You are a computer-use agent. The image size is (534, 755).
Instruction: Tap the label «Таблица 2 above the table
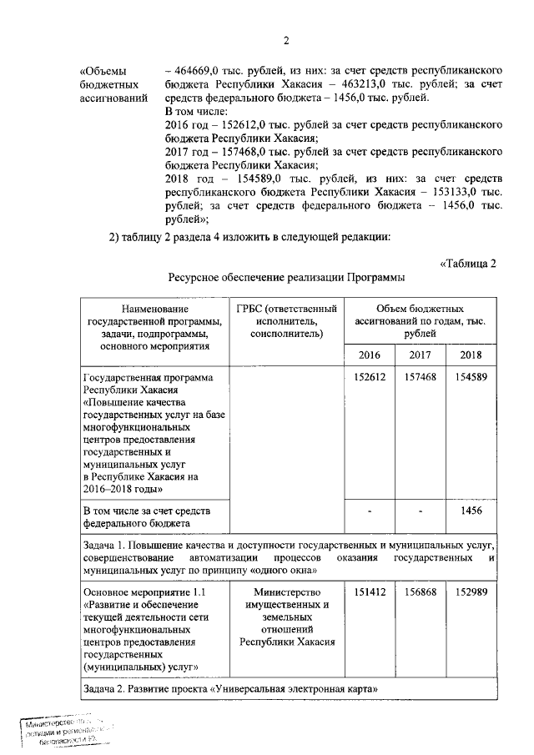(x=467, y=264)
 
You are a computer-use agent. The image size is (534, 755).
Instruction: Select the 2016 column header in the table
(x=369, y=355)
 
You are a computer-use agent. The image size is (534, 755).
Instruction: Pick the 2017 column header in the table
(x=420, y=355)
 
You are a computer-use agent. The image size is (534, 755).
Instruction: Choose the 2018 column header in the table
(x=471, y=355)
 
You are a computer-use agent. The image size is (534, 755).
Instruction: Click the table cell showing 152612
(x=369, y=377)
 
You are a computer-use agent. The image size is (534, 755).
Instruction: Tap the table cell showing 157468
(x=420, y=377)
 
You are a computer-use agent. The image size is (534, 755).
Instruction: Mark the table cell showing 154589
(x=471, y=377)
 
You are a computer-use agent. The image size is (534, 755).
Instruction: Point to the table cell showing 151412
(x=369, y=592)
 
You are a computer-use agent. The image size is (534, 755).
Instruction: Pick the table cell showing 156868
(x=420, y=592)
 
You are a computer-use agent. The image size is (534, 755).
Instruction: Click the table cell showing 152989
(x=471, y=592)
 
